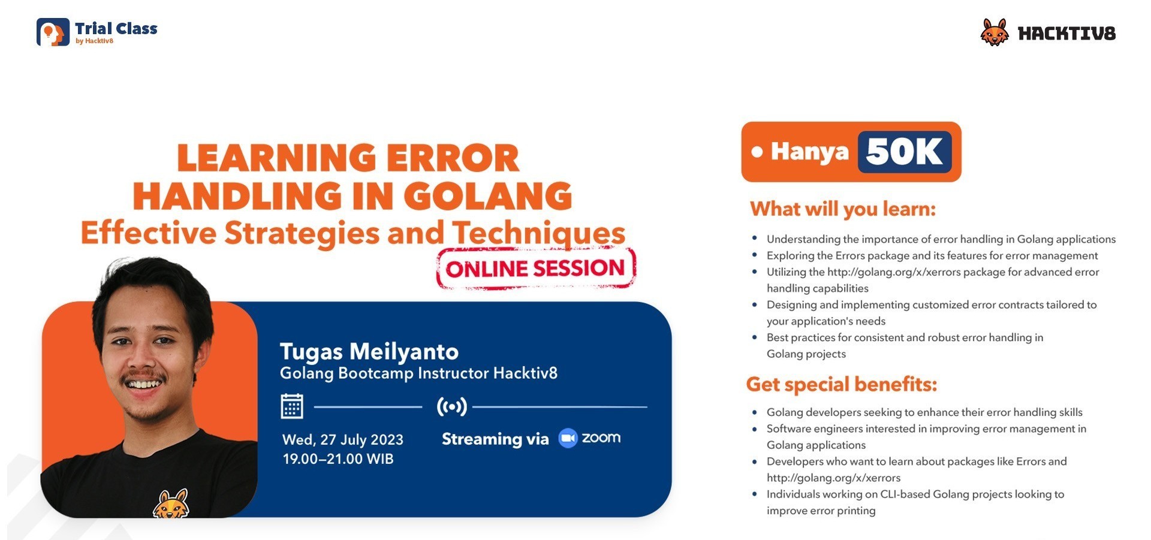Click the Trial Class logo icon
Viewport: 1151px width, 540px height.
tap(53, 32)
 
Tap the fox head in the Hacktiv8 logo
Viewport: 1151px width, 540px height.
tap(995, 32)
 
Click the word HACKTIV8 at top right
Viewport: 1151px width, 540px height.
tap(1066, 34)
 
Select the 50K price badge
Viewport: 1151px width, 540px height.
tap(904, 152)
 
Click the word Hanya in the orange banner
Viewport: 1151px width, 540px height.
tap(809, 152)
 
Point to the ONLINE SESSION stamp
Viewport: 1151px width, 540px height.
tap(535, 269)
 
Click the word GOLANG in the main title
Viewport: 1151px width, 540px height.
tap(487, 196)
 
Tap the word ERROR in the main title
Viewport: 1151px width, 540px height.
tap(452, 158)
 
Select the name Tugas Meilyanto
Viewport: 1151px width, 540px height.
tap(369, 351)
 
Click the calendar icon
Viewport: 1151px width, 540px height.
tap(292, 406)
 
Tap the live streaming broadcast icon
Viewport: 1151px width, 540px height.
tap(451, 406)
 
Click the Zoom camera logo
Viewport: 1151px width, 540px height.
tap(567, 438)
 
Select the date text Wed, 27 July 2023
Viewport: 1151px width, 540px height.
tap(342, 439)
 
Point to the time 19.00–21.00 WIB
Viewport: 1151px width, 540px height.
tap(338, 459)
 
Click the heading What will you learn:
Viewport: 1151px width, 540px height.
tap(842, 209)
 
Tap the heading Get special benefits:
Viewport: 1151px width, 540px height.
tap(841, 384)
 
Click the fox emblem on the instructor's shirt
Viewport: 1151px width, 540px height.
tap(171, 505)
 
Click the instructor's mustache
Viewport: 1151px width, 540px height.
tap(142, 377)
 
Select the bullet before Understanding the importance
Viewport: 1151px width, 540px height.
tap(754, 239)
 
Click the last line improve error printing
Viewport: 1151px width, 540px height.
tap(821, 511)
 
